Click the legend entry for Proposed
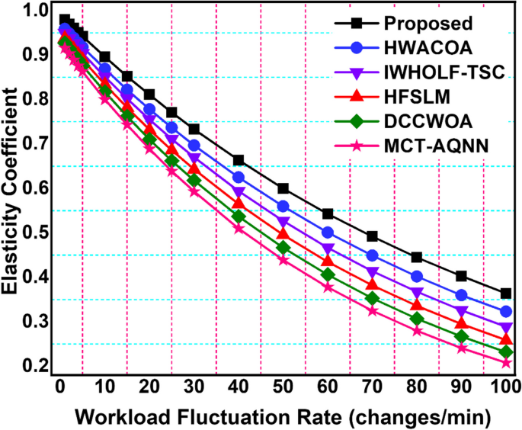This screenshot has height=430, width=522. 428,23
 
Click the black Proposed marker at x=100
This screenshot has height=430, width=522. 505,294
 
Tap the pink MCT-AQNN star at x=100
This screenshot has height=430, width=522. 505,363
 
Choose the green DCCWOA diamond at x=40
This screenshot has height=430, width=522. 239,217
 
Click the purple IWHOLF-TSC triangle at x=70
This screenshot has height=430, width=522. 373,272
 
